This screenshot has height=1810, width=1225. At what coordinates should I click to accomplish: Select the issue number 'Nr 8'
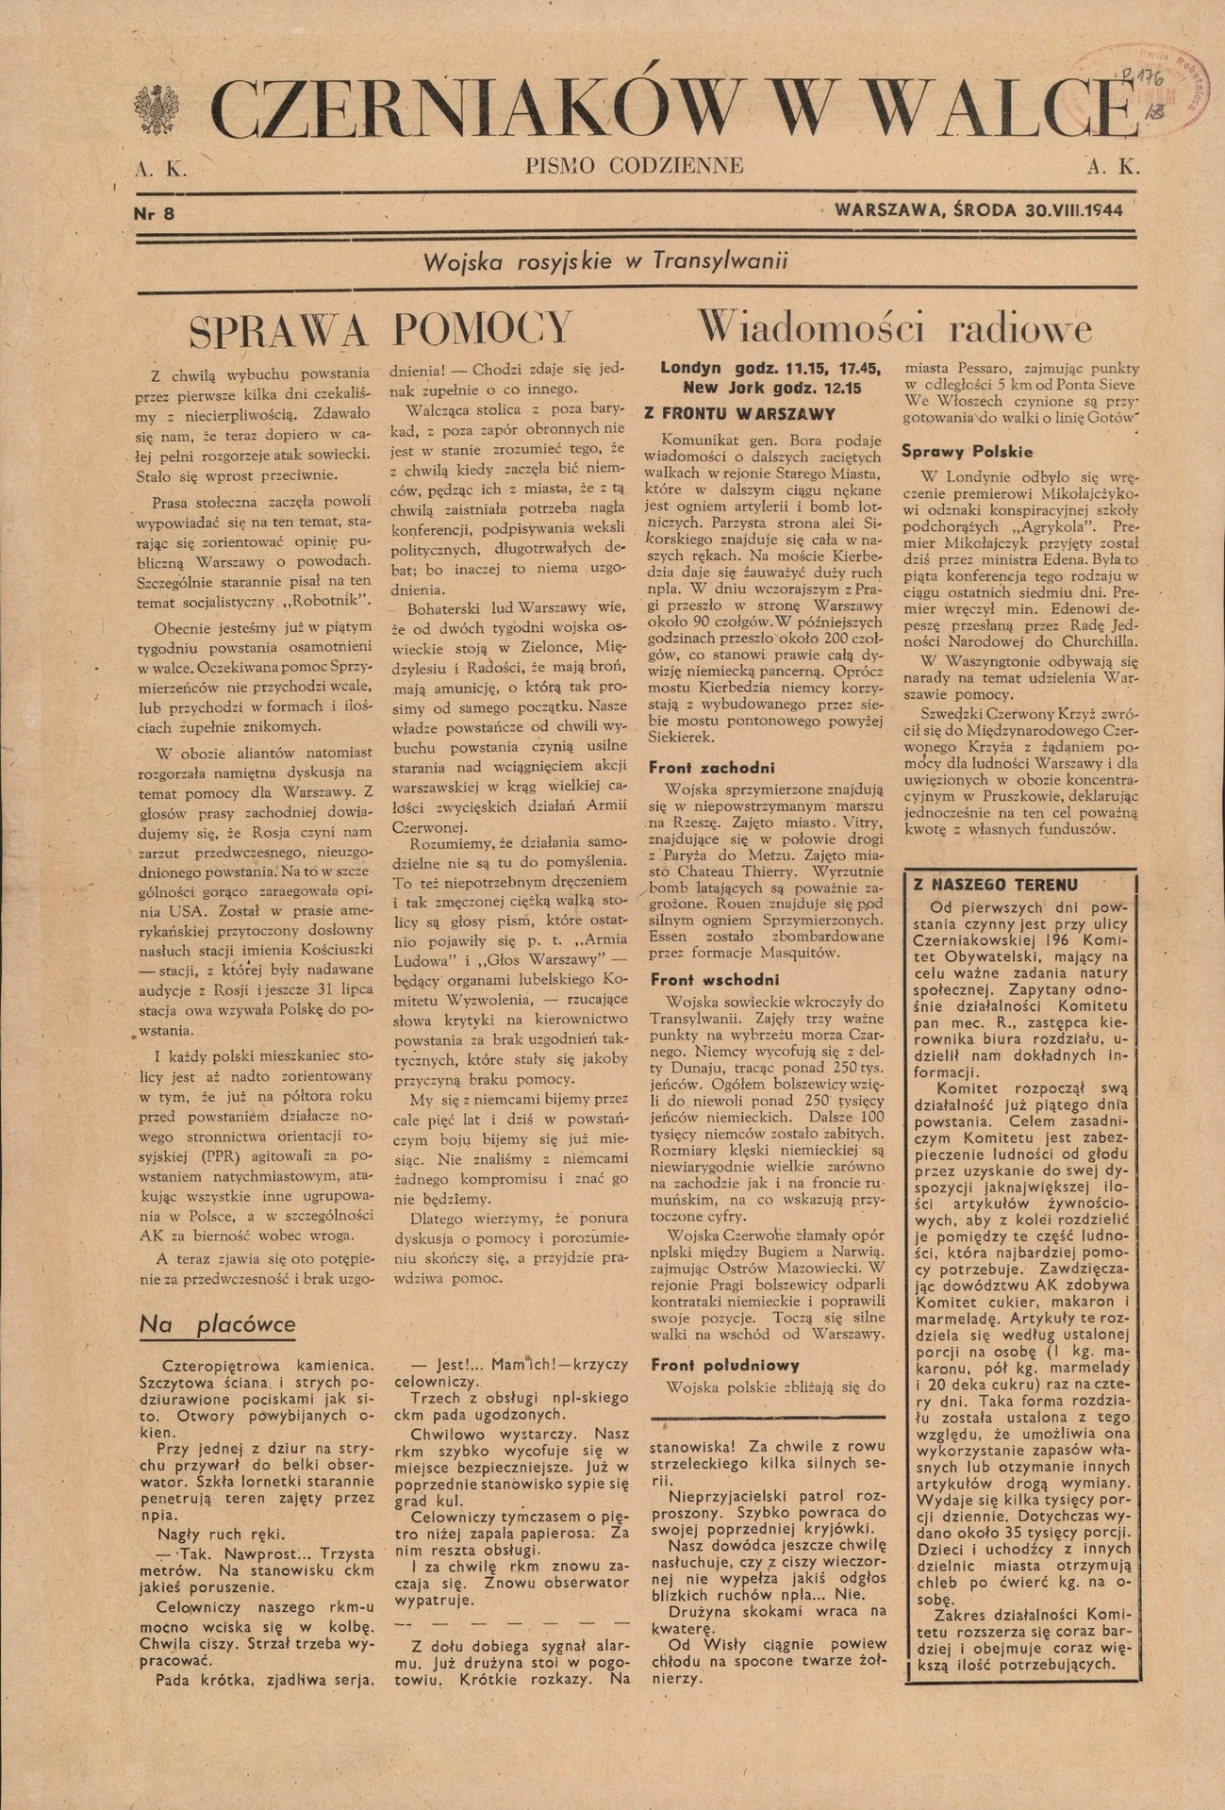pos(155,213)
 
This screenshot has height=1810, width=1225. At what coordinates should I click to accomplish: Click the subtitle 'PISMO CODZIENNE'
pos(635,167)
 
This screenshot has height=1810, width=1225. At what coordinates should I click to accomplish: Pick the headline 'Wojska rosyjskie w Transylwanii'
pos(605,261)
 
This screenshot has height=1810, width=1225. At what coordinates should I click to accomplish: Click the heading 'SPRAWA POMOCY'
pos(381,328)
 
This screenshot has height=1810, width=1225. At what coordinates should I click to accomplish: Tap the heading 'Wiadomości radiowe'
pos(894,327)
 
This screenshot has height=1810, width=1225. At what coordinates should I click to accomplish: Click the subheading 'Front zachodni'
pos(711,768)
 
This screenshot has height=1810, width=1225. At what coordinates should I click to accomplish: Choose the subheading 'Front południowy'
pos(724,1364)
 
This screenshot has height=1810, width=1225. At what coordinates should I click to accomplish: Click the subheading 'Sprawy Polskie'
pos(967,452)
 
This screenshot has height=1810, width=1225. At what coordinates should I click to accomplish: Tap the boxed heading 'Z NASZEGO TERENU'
pos(995,885)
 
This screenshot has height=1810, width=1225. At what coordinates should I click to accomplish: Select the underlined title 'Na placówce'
pos(217,1324)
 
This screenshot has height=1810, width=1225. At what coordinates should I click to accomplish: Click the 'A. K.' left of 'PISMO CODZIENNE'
pos(161,170)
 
